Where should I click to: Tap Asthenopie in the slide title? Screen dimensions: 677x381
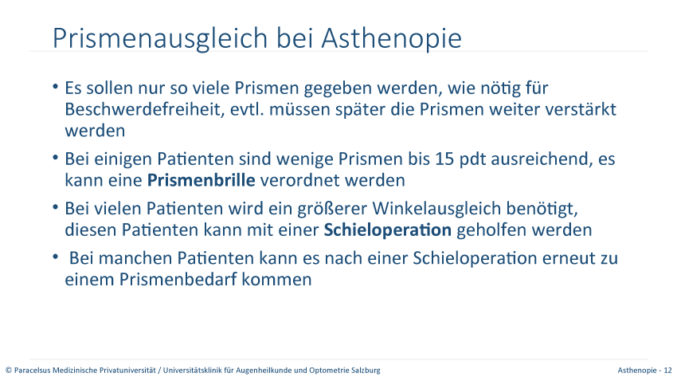(392, 38)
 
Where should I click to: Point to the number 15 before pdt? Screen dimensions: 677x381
(444, 159)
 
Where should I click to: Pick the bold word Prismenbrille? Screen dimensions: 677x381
(202, 180)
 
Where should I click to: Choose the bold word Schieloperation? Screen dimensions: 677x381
(388, 230)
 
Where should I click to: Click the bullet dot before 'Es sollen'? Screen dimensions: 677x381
(55, 87)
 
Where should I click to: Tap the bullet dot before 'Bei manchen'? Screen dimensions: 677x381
(55, 257)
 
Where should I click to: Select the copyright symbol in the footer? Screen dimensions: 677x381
(9, 370)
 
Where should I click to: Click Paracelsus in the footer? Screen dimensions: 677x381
(33, 370)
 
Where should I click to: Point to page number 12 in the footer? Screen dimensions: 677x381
(668, 370)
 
